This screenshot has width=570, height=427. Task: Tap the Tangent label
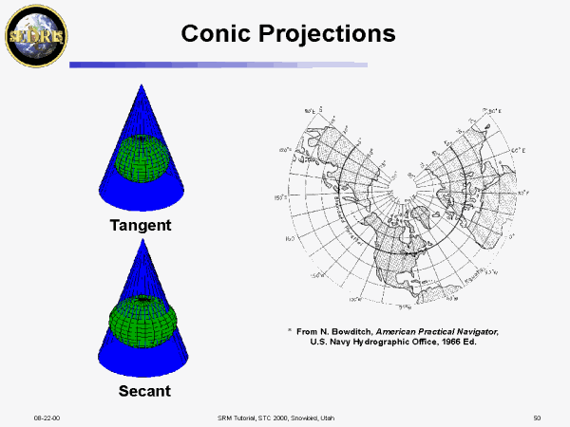click(141, 226)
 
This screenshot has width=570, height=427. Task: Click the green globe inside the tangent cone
click(141, 157)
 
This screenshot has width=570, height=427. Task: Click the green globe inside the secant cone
click(141, 323)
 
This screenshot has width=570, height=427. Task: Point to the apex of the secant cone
click(142, 240)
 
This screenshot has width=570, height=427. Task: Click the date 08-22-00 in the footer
click(48, 418)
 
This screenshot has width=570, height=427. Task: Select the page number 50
click(537, 418)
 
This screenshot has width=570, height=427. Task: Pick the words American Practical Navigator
click(441, 330)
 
